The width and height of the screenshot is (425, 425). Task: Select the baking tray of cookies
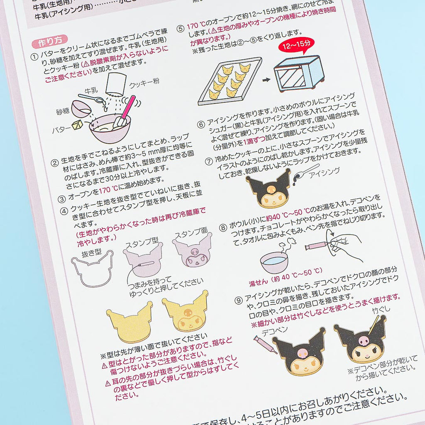(x=230, y=81)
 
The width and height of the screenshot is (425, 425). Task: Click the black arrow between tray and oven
(x=266, y=80)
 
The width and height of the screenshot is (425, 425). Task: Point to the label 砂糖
(x=63, y=111)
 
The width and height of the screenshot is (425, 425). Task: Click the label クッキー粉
(x=144, y=83)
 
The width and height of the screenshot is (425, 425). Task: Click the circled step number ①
(x=34, y=57)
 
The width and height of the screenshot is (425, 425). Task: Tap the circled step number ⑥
(x=201, y=125)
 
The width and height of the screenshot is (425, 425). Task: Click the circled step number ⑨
(x=238, y=300)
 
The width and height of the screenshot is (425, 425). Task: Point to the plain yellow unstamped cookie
(x=129, y=322)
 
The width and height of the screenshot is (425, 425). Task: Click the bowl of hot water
(x=274, y=262)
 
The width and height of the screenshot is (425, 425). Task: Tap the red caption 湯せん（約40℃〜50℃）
(x=286, y=277)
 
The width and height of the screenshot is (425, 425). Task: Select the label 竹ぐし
(x=381, y=310)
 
